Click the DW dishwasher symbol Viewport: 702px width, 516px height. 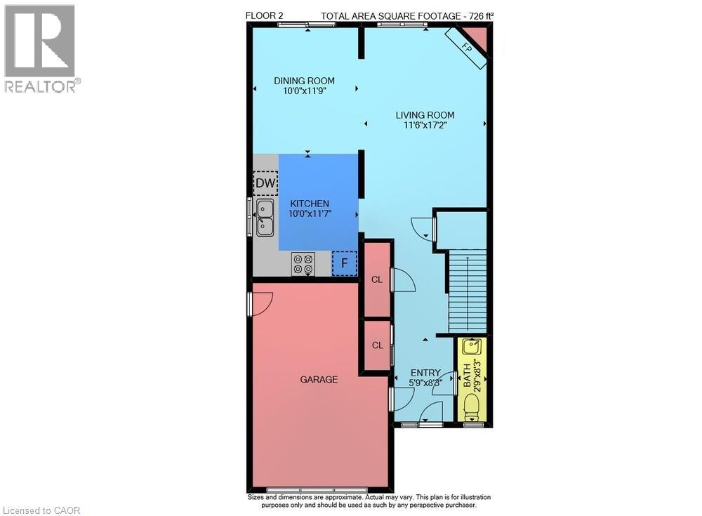click(x=265, y=183)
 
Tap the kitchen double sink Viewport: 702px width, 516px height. click(x=265, y=218)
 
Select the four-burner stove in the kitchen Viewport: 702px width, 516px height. click(x=303, y=264)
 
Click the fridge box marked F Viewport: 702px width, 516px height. click(x=344, y=263)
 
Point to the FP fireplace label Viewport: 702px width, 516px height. click(x=467, y=48)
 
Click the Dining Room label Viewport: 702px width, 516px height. click(x=305, y=81)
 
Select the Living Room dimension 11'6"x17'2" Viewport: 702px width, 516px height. click(x=425, y=126)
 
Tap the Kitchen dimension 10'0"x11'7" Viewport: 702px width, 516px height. click(x=310, y=213)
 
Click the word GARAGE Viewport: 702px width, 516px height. click(x=319, y=379)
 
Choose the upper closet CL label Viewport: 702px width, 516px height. click(x=377, y=279)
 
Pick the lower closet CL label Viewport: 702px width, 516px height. click(x=378, y=345)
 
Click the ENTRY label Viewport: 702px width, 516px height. click(x=425, y=373)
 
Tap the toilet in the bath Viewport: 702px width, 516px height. click(x=472, y=406)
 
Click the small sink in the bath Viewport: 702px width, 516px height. click(x=472, y=346)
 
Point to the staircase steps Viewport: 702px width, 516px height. click(x=468, y=291)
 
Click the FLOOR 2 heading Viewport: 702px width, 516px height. click(x=264, y=15)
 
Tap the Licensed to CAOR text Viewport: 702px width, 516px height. click(x=41, y=510)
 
